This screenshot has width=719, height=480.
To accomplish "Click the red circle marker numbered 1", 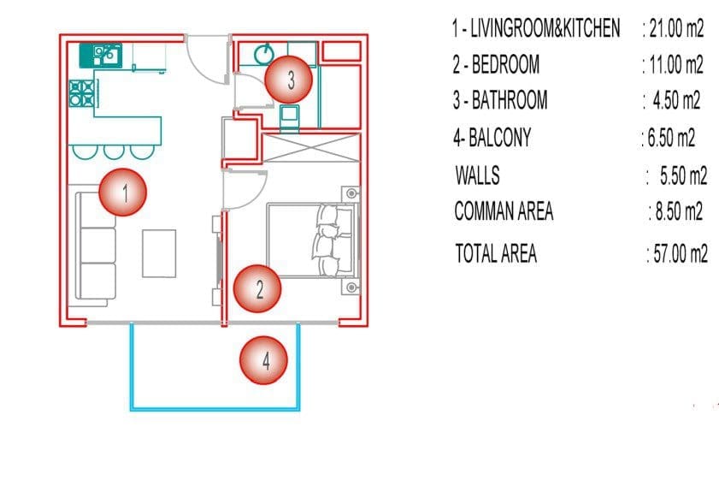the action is coord(123,192).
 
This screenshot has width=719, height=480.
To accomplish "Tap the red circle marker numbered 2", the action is coord(257,288).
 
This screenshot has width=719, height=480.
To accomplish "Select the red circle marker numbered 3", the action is coord(289,80).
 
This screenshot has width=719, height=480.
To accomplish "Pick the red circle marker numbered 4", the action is coord(263,360).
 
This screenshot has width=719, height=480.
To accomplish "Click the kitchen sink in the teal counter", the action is coord(106,55).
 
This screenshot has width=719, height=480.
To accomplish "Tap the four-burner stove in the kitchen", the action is coord(82,93).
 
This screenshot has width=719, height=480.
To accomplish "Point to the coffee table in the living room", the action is coord(159,253).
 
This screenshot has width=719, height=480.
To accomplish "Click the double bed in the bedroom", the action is coord(311,240).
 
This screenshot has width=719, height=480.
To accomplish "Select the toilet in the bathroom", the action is coord(289,117).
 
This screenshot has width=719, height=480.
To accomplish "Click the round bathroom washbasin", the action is coord(264,54).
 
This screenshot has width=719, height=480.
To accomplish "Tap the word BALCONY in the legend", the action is coord(500,138).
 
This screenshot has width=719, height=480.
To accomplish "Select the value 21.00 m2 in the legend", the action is coord(676,28).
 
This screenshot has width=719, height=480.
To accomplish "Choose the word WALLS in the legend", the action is coord(477,175).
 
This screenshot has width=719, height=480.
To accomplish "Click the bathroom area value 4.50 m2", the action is coord(676,100).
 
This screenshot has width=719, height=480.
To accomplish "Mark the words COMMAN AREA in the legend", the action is coord(504,211).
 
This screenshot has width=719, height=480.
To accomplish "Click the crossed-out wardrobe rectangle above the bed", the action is coord(311,148).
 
